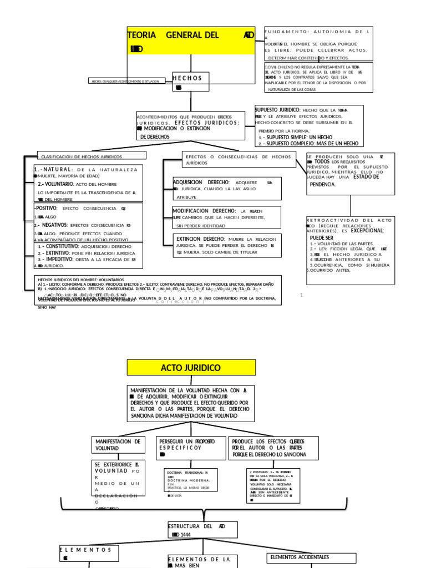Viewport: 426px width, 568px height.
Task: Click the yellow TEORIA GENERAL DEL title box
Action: coord(191,40)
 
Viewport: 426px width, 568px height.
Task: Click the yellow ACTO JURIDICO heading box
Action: coord(191,368)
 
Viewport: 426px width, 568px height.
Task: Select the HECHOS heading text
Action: coord(190,78)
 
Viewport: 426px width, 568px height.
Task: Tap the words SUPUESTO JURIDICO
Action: coord(277,110)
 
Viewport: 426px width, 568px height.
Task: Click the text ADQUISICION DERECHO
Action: coord(201,182)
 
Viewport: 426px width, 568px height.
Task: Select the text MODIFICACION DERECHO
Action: coord(204,211)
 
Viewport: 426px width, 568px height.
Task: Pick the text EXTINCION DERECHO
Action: coord(200,239)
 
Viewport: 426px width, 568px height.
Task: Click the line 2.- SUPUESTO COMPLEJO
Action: coord(308,143)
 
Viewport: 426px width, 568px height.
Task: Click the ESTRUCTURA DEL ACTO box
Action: coord(202,530)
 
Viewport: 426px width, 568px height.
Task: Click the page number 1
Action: coord(301,295)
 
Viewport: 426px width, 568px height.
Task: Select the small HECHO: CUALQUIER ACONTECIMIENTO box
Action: coord(125,81)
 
